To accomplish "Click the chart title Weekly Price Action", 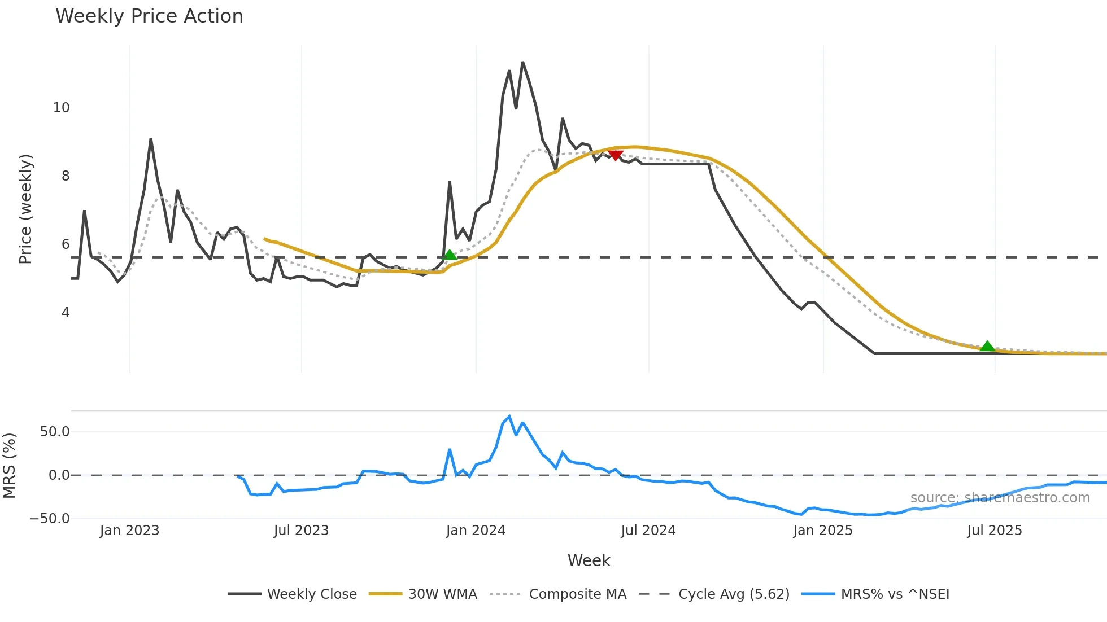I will point(149,16).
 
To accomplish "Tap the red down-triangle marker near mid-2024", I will point(616,155).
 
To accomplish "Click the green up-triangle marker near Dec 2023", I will point(450,255).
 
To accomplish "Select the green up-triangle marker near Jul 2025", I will point(987,347).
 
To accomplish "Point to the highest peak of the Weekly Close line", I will point(522,62).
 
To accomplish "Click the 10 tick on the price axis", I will point(61,108).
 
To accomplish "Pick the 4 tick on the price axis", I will point(66,313).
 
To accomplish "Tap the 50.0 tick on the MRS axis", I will point(55,432).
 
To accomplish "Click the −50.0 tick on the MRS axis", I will point(50,519).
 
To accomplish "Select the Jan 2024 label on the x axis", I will point(476,531).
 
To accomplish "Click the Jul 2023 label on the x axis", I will point(301,531).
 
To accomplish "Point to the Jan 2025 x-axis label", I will point(822,531).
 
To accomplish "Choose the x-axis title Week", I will point(589,560).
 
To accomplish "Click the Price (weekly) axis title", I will point(26,209).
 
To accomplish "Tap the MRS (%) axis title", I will point(10,466).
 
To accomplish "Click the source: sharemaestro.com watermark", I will point(1000,498).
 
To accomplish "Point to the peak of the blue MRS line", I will point(509,417).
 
